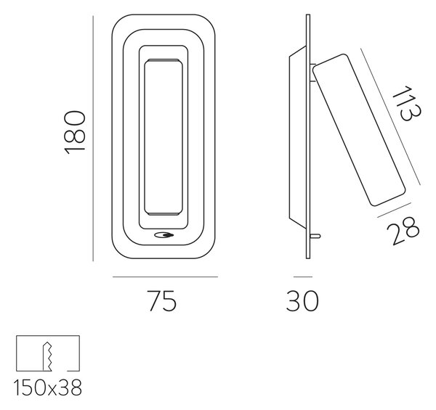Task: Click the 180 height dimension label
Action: (75, 132)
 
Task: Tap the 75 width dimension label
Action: (161, 301)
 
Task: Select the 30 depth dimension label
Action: (302, 301)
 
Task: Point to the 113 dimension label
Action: (407, 104)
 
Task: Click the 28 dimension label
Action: (403, 231)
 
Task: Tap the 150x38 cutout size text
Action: (48, 388)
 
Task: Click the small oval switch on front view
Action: (164, 235)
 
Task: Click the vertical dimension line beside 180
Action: (93, 139)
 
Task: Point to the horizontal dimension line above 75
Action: (165, 276)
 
